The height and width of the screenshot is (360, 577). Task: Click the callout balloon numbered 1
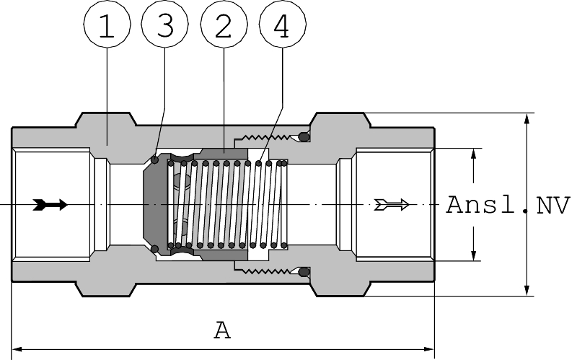(107, 24)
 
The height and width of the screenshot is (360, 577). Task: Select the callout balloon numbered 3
(165, 24)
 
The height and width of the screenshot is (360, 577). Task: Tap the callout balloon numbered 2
(224, 24)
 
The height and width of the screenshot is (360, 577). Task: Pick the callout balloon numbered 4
(283, 24)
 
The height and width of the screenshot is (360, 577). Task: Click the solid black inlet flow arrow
(50, 205)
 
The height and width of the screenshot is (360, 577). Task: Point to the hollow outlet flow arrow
(392, 204)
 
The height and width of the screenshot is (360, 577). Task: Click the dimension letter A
(222, 330)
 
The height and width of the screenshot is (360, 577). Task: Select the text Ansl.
(480, 205)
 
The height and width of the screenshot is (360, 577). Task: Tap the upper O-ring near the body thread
(304, 137)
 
